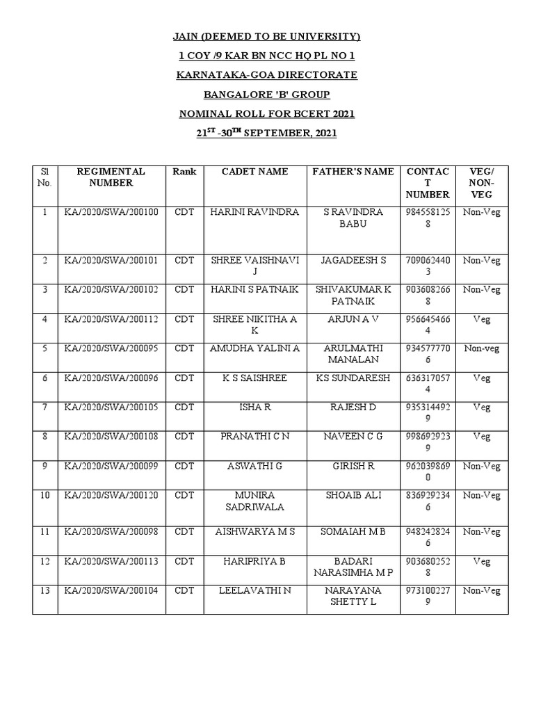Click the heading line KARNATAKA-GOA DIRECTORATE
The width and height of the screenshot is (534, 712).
click(x=266, y=74)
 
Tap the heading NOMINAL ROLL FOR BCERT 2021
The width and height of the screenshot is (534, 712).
click(x=266, y=113)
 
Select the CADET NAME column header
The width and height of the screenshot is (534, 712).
click(x=254, y=172)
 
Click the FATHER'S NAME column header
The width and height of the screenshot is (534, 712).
click(x=353, y=172)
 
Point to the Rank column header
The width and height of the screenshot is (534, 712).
click(x=185, y=172)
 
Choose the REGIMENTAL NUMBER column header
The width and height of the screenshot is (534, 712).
click(x=111, y=177)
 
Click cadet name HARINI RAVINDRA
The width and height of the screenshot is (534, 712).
click(x=254, y=212)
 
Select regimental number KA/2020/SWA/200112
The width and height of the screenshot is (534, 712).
click(x=111, y=320)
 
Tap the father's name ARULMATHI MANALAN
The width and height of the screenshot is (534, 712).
click(x=353, y=354)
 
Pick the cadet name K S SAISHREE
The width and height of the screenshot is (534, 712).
click(x=254, y=378)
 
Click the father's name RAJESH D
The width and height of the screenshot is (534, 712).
click(x=353, y=407)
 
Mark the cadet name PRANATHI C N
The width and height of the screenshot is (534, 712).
click(x=254, y=437)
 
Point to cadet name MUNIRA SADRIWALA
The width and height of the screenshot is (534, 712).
click(x=254, y=501)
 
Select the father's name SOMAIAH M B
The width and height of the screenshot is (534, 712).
click(x=353, y=532)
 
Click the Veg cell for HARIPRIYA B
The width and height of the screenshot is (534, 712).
click(x=482, y=561)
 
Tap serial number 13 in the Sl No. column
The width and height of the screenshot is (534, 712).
click(x=44, y=591)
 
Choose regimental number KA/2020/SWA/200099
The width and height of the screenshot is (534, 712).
click(x=111, y=466)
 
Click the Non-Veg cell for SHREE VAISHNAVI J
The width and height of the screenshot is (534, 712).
click(x=482, y=261)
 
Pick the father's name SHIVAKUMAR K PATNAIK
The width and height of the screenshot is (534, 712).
click(x=353, y=296)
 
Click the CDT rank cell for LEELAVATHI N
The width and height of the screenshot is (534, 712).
click(x=185, y=591)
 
